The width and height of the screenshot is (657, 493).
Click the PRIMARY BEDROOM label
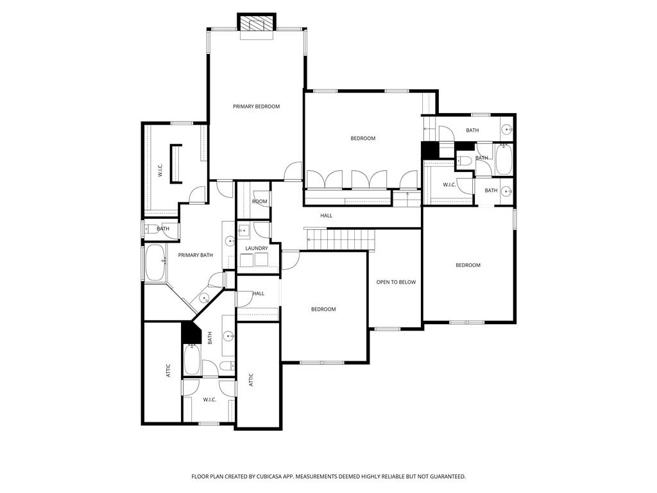256,107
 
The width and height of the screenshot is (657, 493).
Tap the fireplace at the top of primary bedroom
257,24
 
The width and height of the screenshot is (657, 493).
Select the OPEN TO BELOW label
396,282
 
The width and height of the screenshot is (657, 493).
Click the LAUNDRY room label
257,248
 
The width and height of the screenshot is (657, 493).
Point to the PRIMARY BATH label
195,255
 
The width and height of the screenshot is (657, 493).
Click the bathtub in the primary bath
155,263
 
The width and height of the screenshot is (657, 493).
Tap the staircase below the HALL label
340,240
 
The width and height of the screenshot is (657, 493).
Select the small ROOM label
259,202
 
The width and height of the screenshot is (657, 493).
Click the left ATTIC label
168,370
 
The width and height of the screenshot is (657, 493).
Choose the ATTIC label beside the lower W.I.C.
251,379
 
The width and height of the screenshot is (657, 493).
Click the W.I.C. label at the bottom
209,400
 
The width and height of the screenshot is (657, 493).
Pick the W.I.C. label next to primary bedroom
160,171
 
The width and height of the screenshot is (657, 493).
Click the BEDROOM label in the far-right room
468,265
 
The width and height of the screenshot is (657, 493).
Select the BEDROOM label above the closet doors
363,139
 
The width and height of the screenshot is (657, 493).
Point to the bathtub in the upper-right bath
504,159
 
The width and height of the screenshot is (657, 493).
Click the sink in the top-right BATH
507,130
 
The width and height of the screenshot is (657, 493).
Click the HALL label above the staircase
326,216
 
